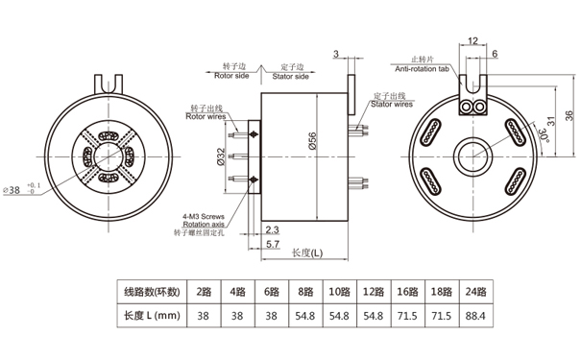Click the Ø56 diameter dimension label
[x=312, y=141]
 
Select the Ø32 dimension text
[x=221, y=156]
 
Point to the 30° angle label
[x=543, y=134]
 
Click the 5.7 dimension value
[x=273, y=244]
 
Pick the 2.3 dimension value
[x=272, y=229]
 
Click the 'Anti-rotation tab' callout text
[x=422, y=69]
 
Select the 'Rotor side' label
[x=231, y=76]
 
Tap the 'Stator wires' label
[x=392, y=104]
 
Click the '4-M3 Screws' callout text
[x=204, y=216]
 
